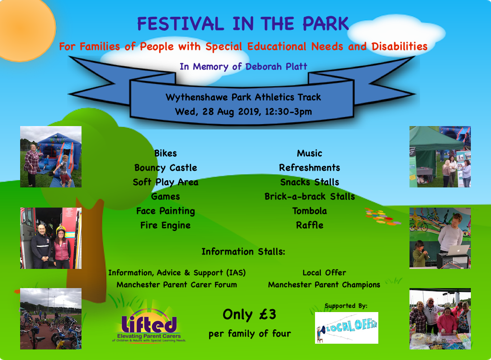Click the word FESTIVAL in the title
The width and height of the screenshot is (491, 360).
[x=181, y=24]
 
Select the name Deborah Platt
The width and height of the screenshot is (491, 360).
[x=276, y=66]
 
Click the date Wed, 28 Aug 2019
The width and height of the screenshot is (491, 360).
[x=218, y=112]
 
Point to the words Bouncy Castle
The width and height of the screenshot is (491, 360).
[x=165, y=168]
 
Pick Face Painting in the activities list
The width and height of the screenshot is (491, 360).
[x=165, y=211]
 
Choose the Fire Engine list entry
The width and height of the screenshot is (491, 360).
[x=165, y=225]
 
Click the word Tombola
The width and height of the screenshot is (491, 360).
[x=310, y=211]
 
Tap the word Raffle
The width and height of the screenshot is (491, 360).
[x=310, y=225]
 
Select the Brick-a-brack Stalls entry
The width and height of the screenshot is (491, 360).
[x=310, y=197]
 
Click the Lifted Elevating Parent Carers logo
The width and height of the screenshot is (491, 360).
[x=149, y=326]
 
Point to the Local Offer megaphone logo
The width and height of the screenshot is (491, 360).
[x=347, y=328]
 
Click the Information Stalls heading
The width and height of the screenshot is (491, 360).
[x=243, y=252]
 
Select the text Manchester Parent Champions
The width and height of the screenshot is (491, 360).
[x=324, y=285]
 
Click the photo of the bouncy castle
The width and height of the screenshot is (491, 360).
[x=51, y=157]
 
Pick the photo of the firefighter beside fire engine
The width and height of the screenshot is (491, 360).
[x=51, y=238]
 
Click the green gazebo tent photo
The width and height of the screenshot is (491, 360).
[x=440, y=157]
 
